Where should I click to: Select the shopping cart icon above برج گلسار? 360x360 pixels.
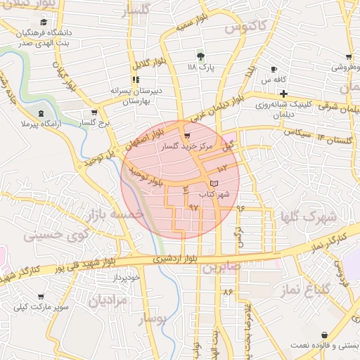coord(94,112)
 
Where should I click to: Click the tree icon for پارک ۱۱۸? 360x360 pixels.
coord(201,56)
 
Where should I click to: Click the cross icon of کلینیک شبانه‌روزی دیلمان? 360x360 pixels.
coord(283,94)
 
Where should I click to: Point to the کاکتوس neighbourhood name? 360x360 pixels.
coord(246,29)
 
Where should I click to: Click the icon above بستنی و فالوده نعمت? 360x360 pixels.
coord(323,335)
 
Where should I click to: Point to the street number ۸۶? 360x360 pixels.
coord(227,290)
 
